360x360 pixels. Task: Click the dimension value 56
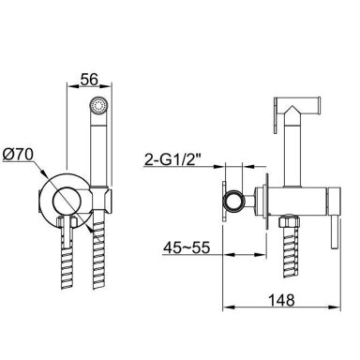coord(89,79)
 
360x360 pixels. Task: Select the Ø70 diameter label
coord(18,155)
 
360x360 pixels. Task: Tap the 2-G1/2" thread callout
coord(172,160)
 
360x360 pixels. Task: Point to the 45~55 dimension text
coord(187,248)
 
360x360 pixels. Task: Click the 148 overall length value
coord(281,300)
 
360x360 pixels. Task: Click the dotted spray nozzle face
coord(98,105)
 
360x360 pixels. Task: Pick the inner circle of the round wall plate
coord(67,202)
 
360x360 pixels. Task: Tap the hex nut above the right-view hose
coord(289,222)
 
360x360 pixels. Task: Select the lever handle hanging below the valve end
coord(334,232)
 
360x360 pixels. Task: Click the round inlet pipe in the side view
coord(232,202)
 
